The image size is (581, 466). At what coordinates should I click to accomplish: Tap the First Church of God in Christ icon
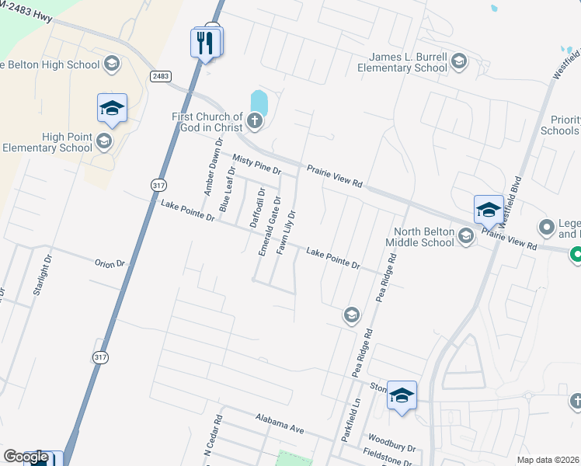256,120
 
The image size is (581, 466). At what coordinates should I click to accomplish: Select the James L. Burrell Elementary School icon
458,61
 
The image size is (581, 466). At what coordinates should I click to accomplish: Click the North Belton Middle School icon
465,235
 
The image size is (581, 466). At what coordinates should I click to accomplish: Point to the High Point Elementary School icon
104,141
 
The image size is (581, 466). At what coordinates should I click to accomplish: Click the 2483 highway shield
161,75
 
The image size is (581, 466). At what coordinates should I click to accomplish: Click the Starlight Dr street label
41,275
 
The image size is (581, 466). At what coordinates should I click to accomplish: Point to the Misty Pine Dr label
256,164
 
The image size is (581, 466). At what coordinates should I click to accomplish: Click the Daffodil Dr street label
257,207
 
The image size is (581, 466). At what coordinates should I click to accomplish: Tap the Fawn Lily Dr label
286,231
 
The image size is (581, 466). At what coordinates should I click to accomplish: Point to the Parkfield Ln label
347,423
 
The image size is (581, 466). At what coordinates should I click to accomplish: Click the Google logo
26,457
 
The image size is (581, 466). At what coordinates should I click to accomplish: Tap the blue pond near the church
259,102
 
